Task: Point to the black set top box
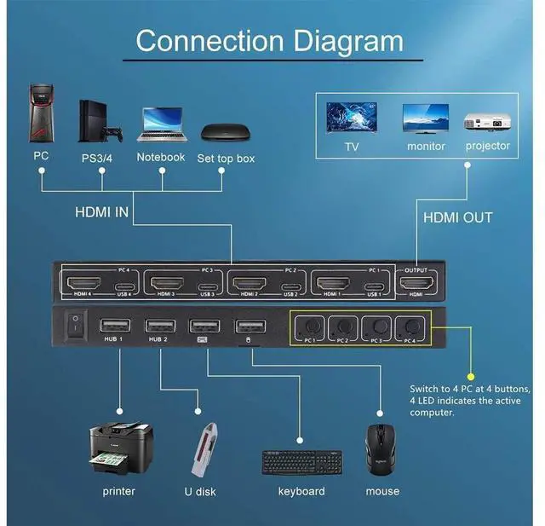224,132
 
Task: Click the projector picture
488,121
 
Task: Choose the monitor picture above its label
426,119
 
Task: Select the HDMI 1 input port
340,282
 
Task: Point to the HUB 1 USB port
114,326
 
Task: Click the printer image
121,449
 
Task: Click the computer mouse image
381,449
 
